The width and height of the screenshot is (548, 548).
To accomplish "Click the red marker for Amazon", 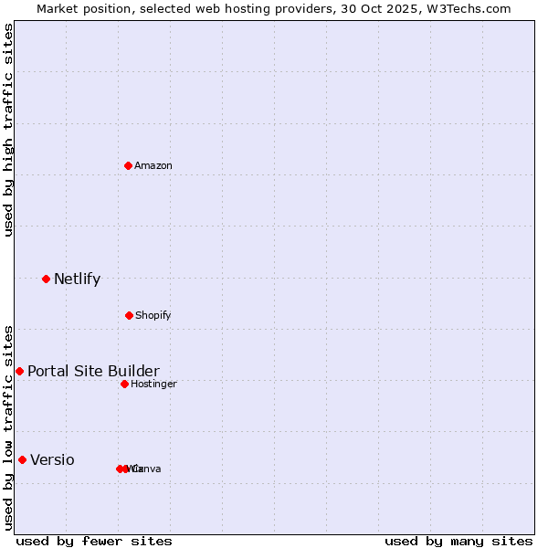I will click(129, 165).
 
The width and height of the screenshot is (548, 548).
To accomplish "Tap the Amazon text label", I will click(153, 165).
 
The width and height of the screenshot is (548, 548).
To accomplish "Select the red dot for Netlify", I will click(46, 279).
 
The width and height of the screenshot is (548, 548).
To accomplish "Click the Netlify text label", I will click(77, 279).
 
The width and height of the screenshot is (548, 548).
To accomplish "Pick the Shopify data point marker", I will click(129, 315).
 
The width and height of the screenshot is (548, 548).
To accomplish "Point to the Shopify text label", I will click(153, 315).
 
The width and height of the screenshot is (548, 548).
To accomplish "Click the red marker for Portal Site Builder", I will click(19, 371).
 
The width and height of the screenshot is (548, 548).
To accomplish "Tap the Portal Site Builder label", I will click(93, 371).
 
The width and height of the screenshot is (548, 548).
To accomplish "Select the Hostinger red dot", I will click(124, 384).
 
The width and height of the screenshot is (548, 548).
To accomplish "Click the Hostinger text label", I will click(153, 384).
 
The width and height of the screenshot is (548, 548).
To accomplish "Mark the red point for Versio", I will click(22, 459).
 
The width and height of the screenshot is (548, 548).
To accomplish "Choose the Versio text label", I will click(52, 459).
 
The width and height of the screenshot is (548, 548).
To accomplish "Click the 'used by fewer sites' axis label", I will click(93, 541).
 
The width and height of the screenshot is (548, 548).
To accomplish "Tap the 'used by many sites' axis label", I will click(458, 541).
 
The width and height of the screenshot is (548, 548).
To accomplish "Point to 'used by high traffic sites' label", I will click(8, 130).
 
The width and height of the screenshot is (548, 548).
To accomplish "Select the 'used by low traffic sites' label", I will click(8, 427).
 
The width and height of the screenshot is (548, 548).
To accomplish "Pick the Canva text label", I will click(148, 469).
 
